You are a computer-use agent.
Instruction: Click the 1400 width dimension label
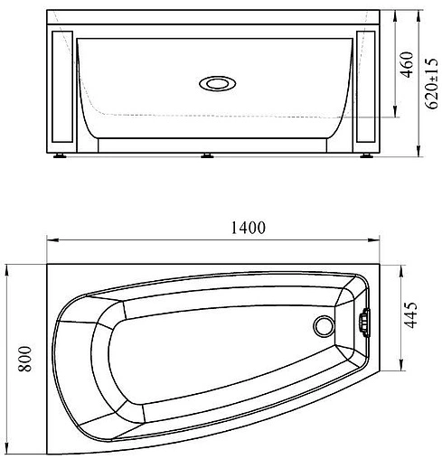pos(249,228)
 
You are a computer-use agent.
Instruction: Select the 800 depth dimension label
pos(24,359)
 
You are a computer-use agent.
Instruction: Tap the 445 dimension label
pos(410,314)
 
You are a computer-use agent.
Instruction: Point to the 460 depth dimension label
pos(407,65)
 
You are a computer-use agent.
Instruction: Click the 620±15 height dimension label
pos(431,83)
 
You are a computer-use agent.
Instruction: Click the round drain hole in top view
pos(324,326)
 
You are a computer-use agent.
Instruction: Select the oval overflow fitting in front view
pos(218,83)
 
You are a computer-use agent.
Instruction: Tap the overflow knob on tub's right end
pos(364,323)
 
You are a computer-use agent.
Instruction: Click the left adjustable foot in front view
pos(60,155)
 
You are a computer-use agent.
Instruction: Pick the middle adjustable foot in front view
pos(207,155)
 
